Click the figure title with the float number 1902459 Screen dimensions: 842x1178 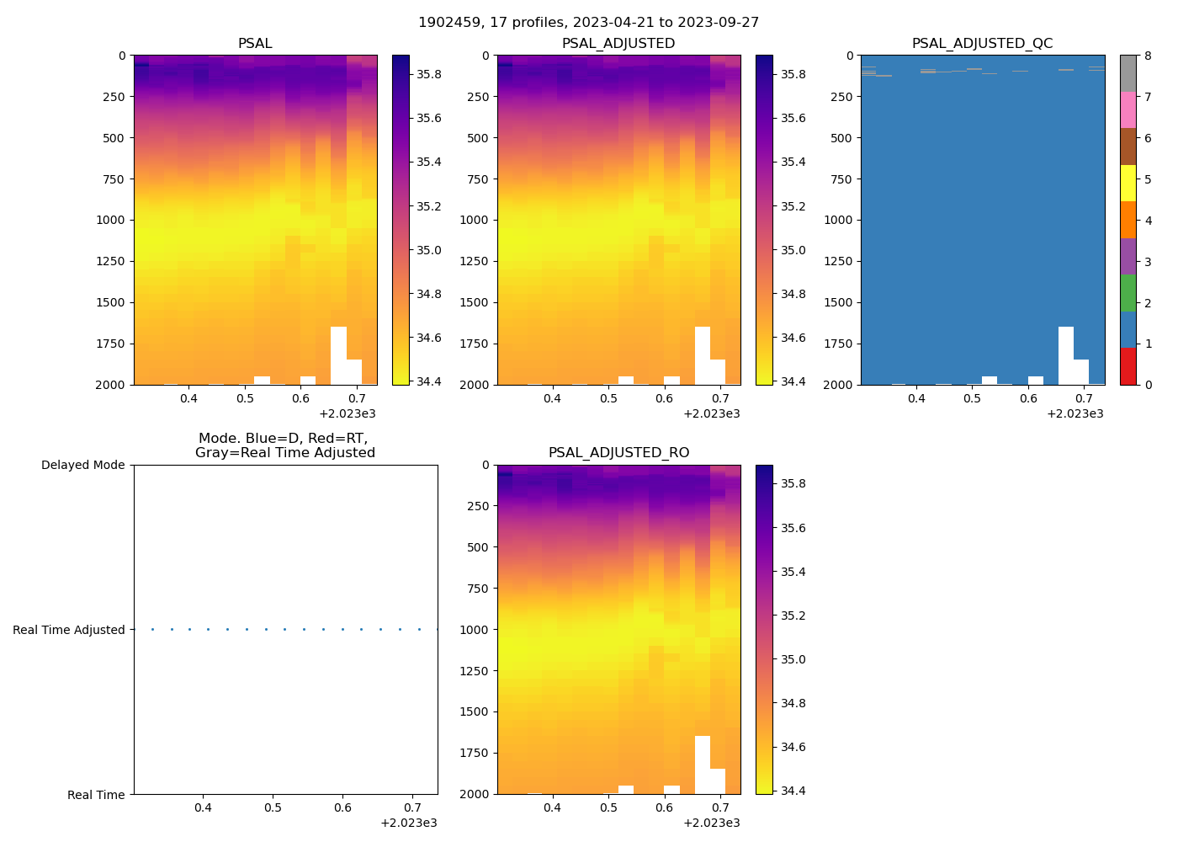[x=588, y=23]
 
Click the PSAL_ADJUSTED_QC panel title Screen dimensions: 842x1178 [x=982, y=44]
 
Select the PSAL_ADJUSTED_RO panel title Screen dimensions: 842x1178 [x=618, y=453]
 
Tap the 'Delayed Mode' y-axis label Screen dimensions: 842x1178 [x=82, y=465]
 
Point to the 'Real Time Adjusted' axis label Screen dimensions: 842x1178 [x=68, y=630]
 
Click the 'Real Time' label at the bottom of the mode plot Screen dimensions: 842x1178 [x=96, y=795]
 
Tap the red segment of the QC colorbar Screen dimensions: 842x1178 [x=1128, y=366]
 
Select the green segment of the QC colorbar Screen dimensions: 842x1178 [x=1128, y=293]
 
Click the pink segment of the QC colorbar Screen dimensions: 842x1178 [x=1128, y=110]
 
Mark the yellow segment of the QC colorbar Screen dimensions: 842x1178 [x=1128, y=184]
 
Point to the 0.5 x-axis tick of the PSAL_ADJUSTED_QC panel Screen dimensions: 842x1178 [x=972, y=398]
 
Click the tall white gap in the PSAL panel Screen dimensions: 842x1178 [x=338, y=354]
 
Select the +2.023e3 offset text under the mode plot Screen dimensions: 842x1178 [x=408, y=823]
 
